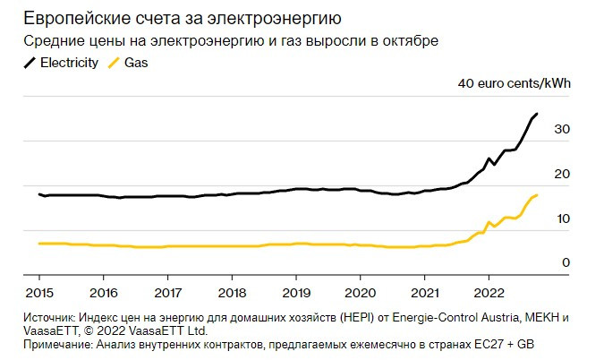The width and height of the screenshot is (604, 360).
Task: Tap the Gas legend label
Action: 136,64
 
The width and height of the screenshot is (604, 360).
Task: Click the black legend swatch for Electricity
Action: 30,64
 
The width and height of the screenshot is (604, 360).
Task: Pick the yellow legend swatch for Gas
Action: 113,64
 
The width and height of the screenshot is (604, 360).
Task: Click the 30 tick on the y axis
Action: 562,129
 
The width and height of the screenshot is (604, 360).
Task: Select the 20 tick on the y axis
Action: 562,174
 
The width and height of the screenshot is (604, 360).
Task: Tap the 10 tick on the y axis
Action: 562,219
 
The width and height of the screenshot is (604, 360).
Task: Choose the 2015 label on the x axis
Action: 39,292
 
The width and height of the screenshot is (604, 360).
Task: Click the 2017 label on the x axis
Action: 167,292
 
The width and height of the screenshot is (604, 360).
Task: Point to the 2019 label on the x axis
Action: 296,292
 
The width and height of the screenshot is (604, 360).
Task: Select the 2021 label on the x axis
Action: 425,292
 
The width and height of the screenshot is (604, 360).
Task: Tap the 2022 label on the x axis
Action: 489,292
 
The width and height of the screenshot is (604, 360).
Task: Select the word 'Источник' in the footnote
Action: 48,318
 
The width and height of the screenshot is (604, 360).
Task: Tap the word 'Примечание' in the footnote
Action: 60,344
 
